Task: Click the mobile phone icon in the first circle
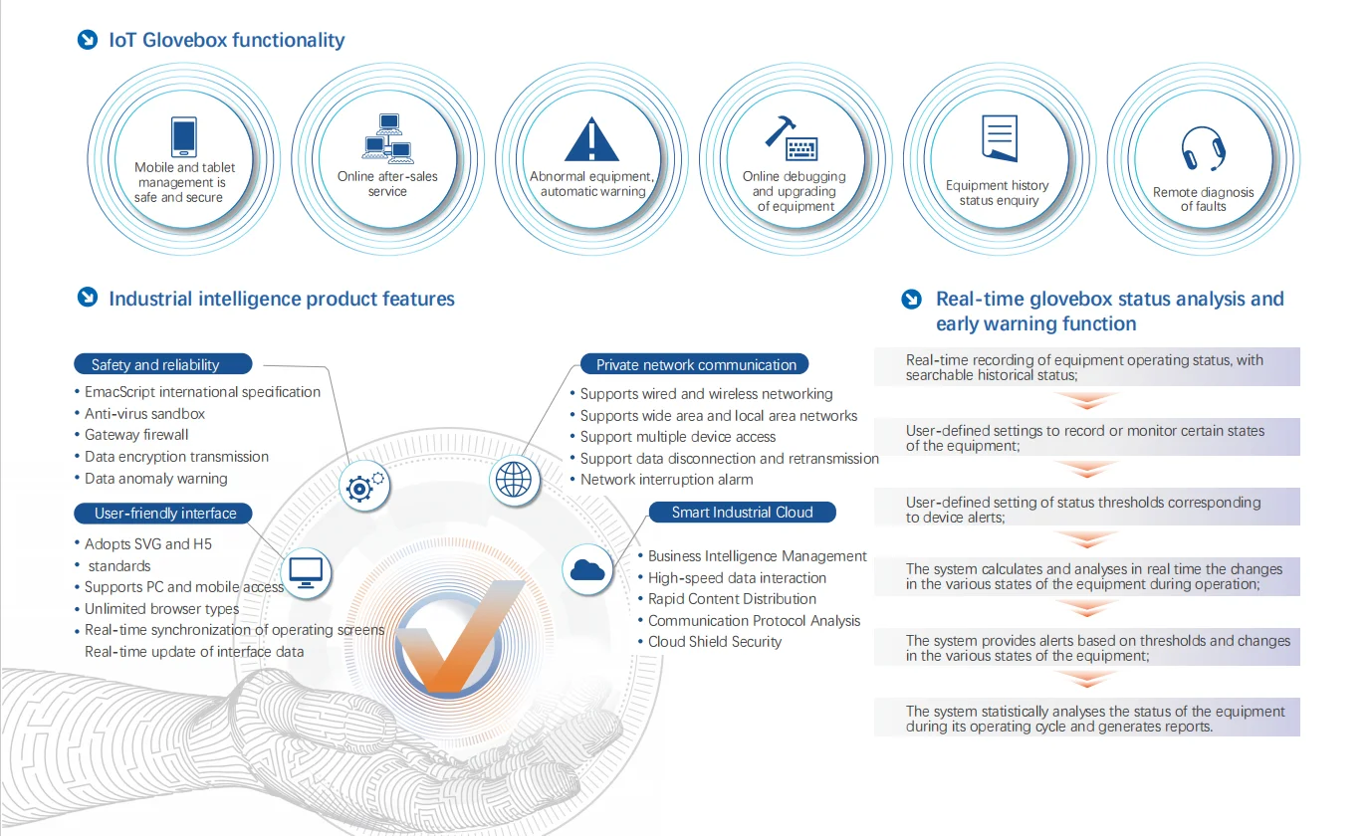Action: [184, 136]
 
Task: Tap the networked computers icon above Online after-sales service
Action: [387, 138]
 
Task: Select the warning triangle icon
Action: [591, 139]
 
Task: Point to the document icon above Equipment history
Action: [999, 137]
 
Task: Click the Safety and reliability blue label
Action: [163, 364]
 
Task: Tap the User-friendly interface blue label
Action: [163, 514]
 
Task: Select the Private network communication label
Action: [695, 364]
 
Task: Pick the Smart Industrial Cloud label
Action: [743, 512]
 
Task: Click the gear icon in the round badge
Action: [364, 487]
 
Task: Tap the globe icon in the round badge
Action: [514, 480]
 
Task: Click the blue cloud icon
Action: [586, 570]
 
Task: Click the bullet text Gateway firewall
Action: [136, 435]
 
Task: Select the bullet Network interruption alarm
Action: [666, 480]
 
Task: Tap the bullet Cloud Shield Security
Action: [715, 642]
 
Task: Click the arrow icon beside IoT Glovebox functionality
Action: [88, 40]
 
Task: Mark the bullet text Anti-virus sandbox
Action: [144, 413]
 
